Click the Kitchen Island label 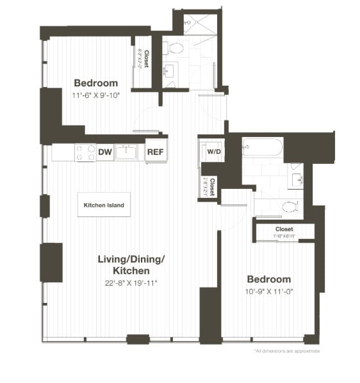pyautogui.click(x=104, y=206)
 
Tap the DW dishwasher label pyautogui.click(x=104, y=152)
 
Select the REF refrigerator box pyautogui.click(x=156, y=152)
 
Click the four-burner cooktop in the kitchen pyautogui.click(x=85, y=152)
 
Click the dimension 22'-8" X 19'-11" pyautogui.click(x=131, y=282)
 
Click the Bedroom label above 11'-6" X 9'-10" pyautogui.click(x=96, y=83)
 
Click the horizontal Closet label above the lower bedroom pyautogui.click(x=284, y=229)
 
